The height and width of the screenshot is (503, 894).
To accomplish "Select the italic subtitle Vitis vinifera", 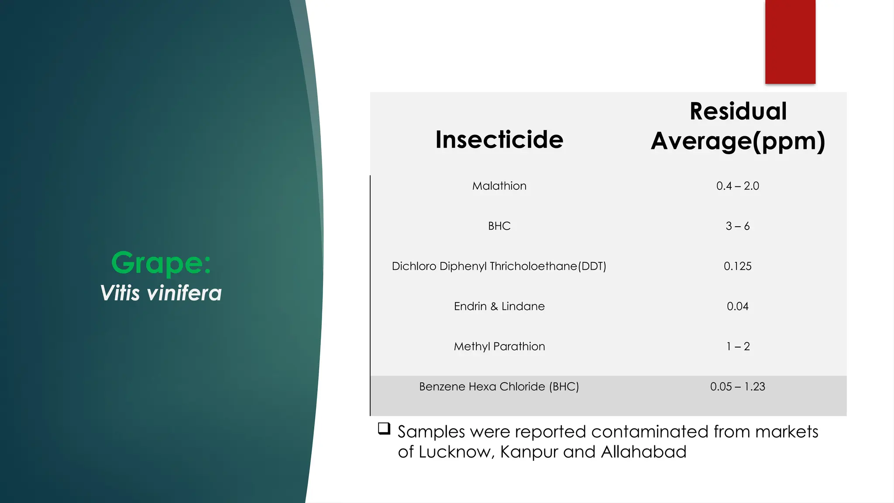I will pos(161,293).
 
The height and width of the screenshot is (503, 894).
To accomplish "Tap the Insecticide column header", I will pos(499,140).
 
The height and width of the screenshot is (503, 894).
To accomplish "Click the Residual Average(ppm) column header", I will pos(738,126).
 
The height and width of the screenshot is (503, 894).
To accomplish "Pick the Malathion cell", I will pos(499,186).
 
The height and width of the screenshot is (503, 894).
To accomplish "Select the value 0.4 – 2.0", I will pos(737,186).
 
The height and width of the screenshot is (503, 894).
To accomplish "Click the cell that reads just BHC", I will pos(499,226).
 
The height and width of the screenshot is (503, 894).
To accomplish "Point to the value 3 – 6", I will pos(737,226).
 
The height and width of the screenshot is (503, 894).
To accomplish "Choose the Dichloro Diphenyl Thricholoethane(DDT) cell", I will pos(499,266).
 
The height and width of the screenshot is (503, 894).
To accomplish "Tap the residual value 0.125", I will pos(737,266).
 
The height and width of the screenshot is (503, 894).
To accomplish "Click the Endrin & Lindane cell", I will pos(499,307).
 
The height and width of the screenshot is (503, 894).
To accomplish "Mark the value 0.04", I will pos(737,307).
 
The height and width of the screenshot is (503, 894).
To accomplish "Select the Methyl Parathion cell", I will pos(499,347).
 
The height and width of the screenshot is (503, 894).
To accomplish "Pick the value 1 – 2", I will pos(737,347).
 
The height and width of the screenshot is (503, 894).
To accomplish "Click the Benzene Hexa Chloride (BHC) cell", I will pos(499,387).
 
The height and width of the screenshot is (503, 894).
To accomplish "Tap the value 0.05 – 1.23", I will pos(737,387).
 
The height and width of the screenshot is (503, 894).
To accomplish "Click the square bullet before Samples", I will pos(384,428).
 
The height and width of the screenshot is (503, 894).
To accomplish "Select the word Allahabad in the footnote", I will pos(643,452).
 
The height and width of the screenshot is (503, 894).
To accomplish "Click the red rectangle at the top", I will pos(790,41).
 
